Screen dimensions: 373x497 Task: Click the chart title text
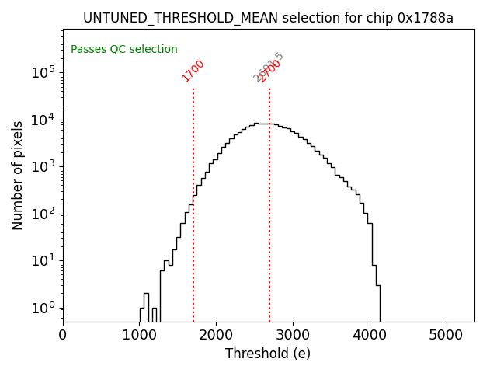click(268, 18)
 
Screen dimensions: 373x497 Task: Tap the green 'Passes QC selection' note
click(124, 50)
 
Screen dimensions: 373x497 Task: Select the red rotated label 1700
click(193, 71)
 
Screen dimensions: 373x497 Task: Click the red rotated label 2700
click(269, 71)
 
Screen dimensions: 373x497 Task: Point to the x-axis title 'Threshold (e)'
click(268, 354)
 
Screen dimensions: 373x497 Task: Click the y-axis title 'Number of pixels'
click(18, 175)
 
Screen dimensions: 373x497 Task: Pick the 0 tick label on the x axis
click(63, 335)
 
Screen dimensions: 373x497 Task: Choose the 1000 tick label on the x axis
click(139, 335)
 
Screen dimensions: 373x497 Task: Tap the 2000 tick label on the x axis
click(216, 335)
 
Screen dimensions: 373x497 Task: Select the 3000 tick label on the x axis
click(293, 335)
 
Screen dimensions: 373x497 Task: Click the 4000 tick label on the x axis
click(370, 335)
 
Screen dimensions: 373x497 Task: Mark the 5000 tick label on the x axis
click(447, 335)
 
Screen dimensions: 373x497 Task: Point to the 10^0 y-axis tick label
click(43, 308)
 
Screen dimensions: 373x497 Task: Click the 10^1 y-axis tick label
click(43, 260)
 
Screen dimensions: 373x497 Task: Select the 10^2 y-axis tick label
click(43, 214)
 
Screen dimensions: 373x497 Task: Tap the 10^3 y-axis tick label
click(43, 166)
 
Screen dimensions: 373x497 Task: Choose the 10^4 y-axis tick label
click(43, 120)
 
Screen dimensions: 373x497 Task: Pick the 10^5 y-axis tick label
click(43, 72)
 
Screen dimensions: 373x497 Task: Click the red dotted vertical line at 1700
click(193, 202)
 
